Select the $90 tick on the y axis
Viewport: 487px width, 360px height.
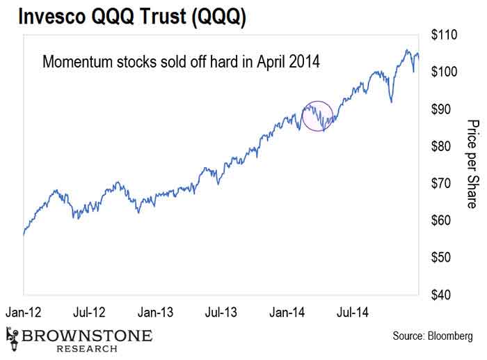442,109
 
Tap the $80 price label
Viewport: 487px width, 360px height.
442,146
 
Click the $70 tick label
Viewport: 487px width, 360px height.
442,183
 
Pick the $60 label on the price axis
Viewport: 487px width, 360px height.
442,221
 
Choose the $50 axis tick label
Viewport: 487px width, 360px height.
442,258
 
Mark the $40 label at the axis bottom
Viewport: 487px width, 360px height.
442,295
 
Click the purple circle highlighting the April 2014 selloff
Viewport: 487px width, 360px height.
319,116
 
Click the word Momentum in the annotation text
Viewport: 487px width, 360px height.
75,61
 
